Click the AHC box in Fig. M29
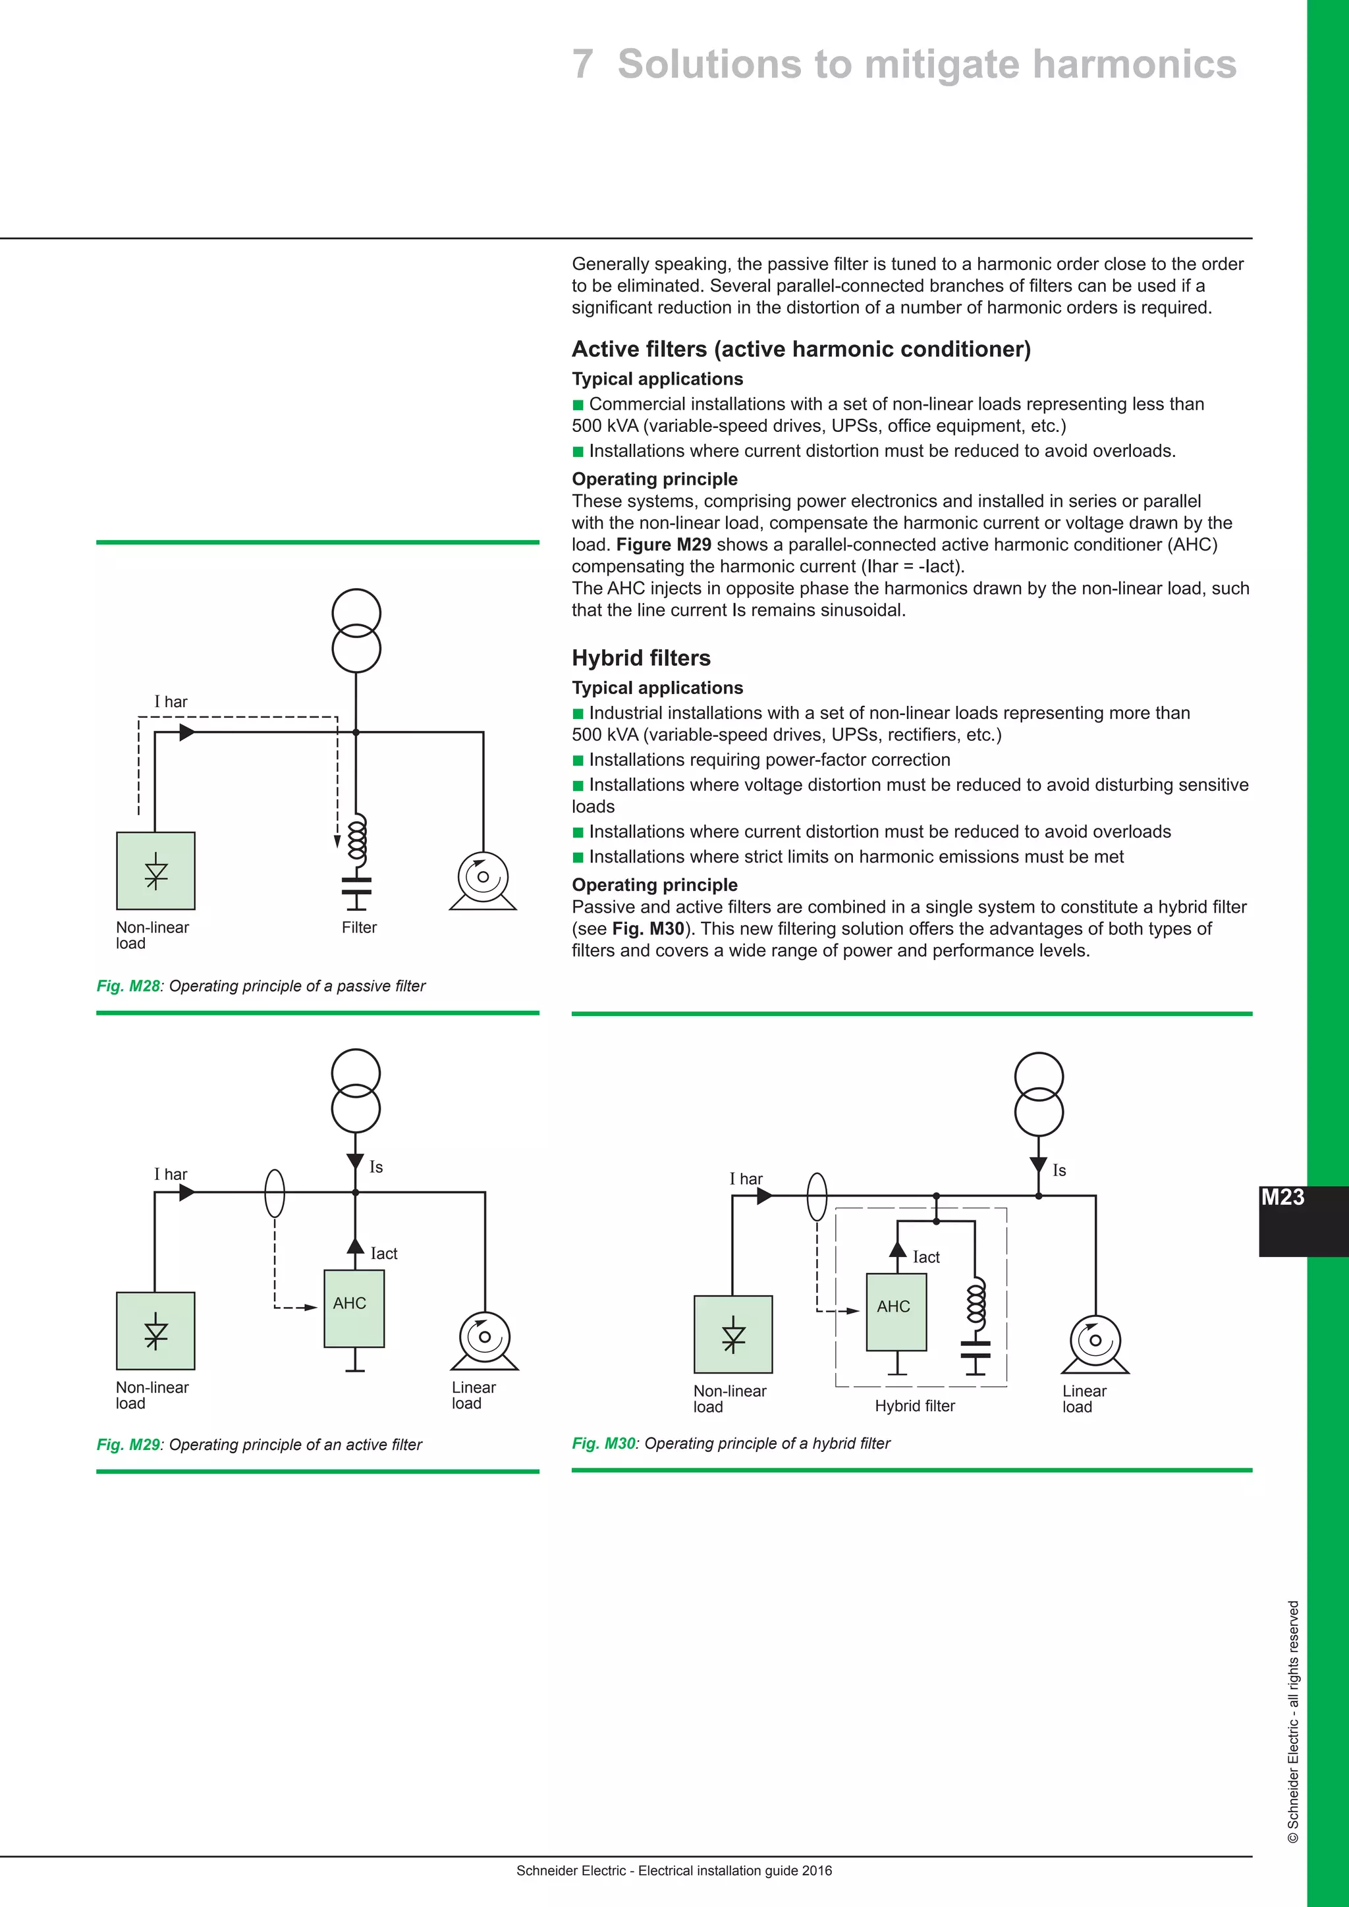tap(354, 1308)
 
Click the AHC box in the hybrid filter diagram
tap(895, 1312)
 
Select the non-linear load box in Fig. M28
tap(156, 871)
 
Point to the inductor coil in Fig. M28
tap(356, 839)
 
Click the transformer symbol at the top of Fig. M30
tap(1038, 1094)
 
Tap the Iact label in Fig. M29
tap(384, 1253)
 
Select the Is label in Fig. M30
tap(1059, 1170)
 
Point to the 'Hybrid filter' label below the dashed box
tap(914, 1405)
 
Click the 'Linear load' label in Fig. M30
tap(1084, 1398)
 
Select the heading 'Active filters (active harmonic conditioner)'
tap(801, 349)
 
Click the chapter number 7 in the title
tap(582, 64)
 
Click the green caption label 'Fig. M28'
tap(128, 986)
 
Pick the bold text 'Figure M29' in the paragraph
tap(663, 545)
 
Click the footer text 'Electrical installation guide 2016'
tap(734, 1871)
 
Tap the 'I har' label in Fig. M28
tap(171, 702)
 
